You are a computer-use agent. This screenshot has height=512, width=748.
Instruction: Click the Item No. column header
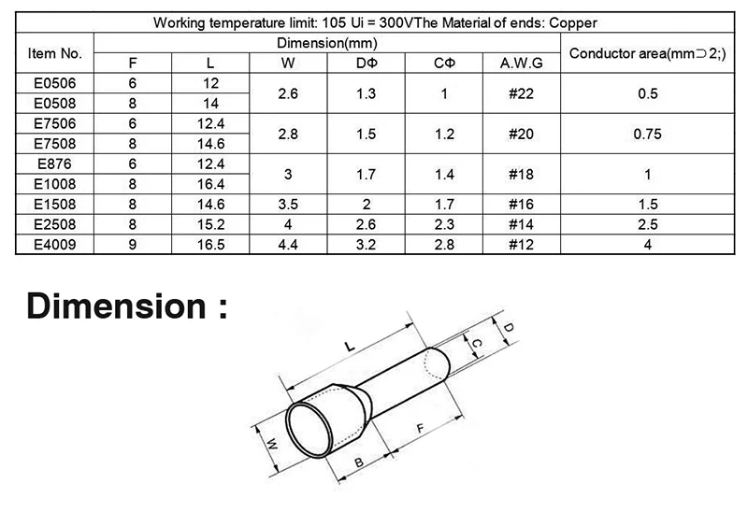tap(54, 53)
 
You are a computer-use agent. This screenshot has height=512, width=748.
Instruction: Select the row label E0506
tap(54, 83)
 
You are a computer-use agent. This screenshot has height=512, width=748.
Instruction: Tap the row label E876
tap(54, 164)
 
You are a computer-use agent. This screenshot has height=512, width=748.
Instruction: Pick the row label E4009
tap(54, 245)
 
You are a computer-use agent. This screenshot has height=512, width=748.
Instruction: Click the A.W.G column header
tap(522, 63)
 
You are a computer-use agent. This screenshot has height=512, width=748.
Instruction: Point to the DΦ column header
tap(367, 63)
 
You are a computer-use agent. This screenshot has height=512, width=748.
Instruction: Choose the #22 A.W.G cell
tap(522, 93)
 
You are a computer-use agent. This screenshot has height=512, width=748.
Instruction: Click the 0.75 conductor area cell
tap(647, 134)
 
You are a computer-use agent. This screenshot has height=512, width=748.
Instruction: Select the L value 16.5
tap(210, 245)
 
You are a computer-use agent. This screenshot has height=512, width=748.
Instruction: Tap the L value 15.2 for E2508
tap(210, 224)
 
